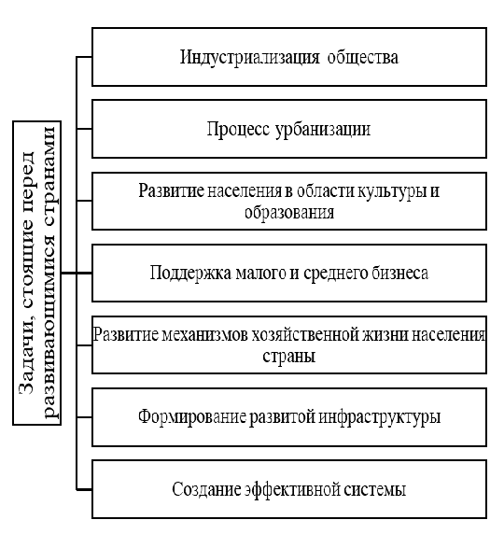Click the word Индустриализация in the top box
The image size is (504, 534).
[249, 58]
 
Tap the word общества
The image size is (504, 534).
[363, 58]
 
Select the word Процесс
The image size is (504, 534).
[238, 130]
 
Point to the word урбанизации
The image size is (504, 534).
[323, 130]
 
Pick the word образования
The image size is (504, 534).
[289, 213]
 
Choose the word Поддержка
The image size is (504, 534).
[190, 274]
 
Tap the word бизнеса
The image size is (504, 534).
[399, 274]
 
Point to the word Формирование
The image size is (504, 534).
[192, 417]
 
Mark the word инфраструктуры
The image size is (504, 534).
[380, 417]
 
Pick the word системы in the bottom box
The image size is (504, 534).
[374, 490]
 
